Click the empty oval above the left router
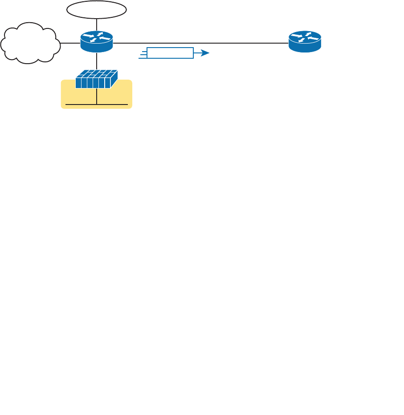[x=96, y=10]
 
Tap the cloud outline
[x=30, y=43]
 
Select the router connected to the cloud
[x=97, y=42]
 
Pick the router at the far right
[x=305, y=42]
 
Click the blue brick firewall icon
[x=96, y=79]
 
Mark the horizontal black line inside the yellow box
[x=111, y=105]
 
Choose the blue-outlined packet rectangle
[x=170, y=53]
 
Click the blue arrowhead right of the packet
[x=204, y=53]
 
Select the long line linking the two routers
[x=200, y=43]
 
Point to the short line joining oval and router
[x=97, y=24]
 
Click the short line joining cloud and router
[x=70, y=43]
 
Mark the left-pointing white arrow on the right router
[x=313, y=38]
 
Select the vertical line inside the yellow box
[x=97, y=97]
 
